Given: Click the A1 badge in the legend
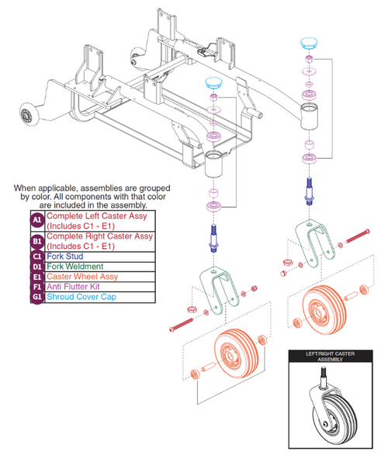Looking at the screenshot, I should click(36, 221).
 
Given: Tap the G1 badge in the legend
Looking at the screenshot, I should click(36, 296).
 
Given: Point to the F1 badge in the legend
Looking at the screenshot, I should click(36, 285).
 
